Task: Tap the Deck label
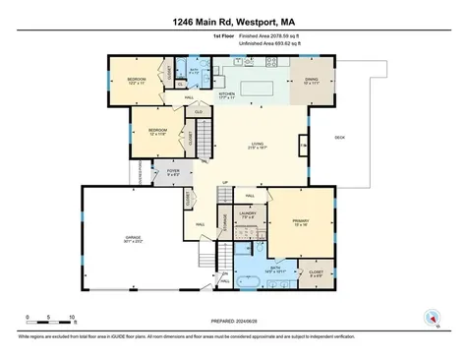[x=340, y=137]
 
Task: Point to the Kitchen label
[x=227, y=95]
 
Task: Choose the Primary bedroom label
[x=301, y=222]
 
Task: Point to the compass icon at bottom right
[x=430, y=317]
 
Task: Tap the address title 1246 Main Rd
[x=233, y=19]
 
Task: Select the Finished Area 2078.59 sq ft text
[x=258, y=34]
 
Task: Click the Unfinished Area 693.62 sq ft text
[x=258, y=43]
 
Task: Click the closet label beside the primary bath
[x=317, y=274]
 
